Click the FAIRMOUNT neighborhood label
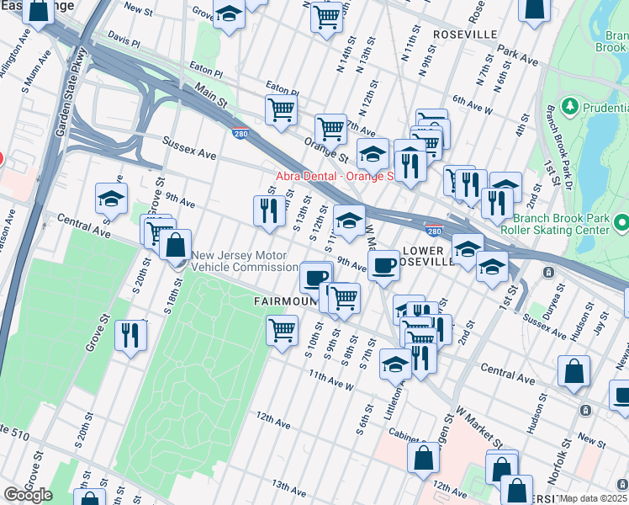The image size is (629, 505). pos(284,300)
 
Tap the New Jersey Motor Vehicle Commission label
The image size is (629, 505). pos(245,262)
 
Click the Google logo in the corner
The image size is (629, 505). pos(28,494)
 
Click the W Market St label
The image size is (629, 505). pos(479,428)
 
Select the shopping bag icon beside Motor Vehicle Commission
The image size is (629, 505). pos(176,246)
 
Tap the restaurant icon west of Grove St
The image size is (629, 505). pos(130,336)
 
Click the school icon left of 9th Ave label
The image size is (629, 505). pos(111,199)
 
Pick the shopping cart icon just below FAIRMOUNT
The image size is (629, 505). pos(283,329)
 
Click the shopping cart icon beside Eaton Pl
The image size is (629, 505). pos(281,109)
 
